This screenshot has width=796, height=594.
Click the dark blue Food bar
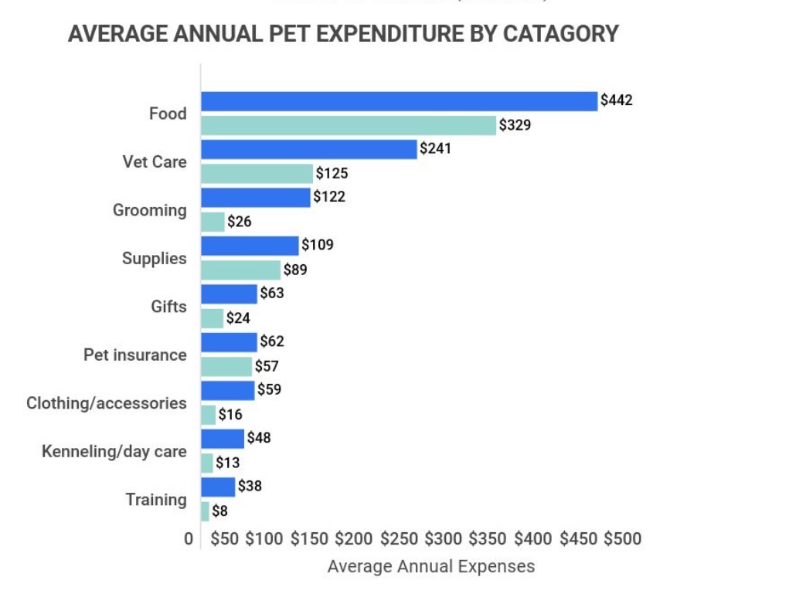coord(399,101)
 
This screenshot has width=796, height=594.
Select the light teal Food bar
coord(349,125)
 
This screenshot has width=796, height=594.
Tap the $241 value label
coord(435,148)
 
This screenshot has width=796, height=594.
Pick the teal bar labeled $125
coord(257,173)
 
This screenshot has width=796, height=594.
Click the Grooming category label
coord(150,210)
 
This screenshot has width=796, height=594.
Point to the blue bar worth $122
coord(256,198)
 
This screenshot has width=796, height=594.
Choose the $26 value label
coord(240,222)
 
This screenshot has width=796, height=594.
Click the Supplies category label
coord(155,258)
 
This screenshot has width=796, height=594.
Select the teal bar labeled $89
coord(240,270)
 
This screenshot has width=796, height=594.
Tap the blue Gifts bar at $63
coord(229,294)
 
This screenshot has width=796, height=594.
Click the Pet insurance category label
coord(135,355)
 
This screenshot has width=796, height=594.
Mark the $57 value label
coord(267,366)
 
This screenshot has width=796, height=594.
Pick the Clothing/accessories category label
coord(107,403)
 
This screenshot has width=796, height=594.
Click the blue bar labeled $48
coord(223,439)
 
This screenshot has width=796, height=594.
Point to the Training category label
coord(156,500)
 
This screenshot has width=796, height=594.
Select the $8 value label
coord(219,511)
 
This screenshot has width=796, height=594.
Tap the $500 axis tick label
coord(622,538)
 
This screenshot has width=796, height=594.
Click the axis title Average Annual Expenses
coord(430,566)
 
